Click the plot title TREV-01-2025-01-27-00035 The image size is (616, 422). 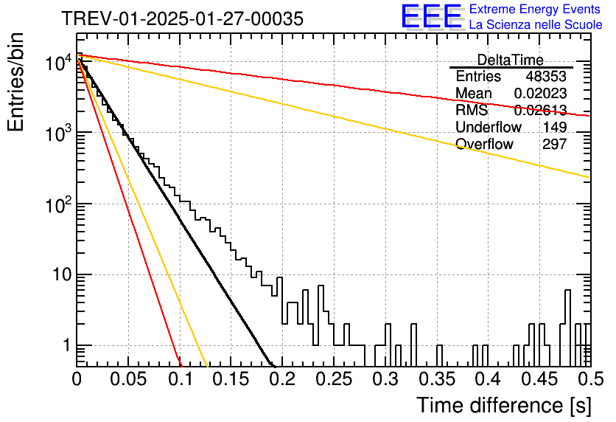tap(183, 18)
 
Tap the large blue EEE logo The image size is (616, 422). tap(431, 16)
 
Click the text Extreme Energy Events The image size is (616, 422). tap(535, 9)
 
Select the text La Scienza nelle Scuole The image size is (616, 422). tap(536, 24)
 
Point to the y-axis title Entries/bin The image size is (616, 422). tap(15, 82)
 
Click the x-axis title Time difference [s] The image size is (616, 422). tap(504, 405)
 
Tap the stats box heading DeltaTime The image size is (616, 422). tap(511, 60)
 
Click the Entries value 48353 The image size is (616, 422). tap(546, 76)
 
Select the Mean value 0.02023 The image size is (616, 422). tap(540, 93)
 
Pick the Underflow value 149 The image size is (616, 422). tap(555, 127)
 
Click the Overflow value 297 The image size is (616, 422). tap(555, 144)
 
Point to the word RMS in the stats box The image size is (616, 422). tap(472, 110)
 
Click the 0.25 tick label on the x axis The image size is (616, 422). tap(335, 379)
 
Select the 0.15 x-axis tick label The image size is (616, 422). tap(231, 379)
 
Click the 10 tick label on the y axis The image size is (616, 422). tap(62, 274)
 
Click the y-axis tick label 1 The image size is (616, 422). tap(66, 346)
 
